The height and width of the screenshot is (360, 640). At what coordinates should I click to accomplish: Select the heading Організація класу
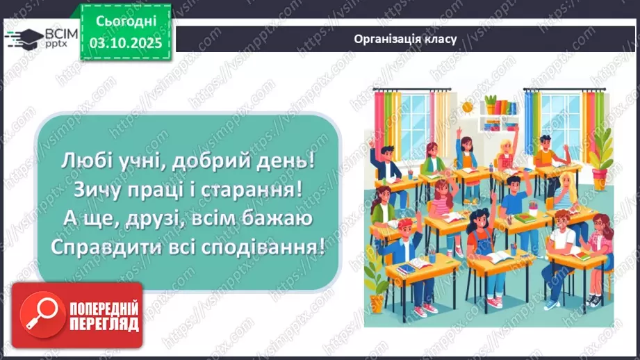pyautogui.click(x=404, y=39)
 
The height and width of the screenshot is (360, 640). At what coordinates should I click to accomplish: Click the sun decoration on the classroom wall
pyautogui.click(x=468, y=106)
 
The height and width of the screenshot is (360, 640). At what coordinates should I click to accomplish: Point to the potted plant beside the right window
pyautogui.click(x=602, y=149)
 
